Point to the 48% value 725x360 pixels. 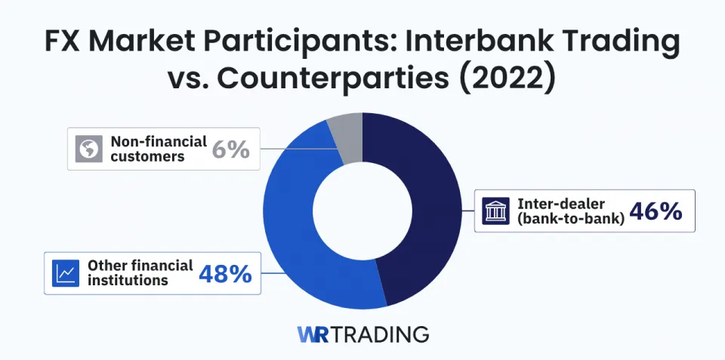(224, 273)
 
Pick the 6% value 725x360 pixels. (230, 149)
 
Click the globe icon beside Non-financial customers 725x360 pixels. (88, 149)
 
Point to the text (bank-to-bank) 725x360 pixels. (566, 218)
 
